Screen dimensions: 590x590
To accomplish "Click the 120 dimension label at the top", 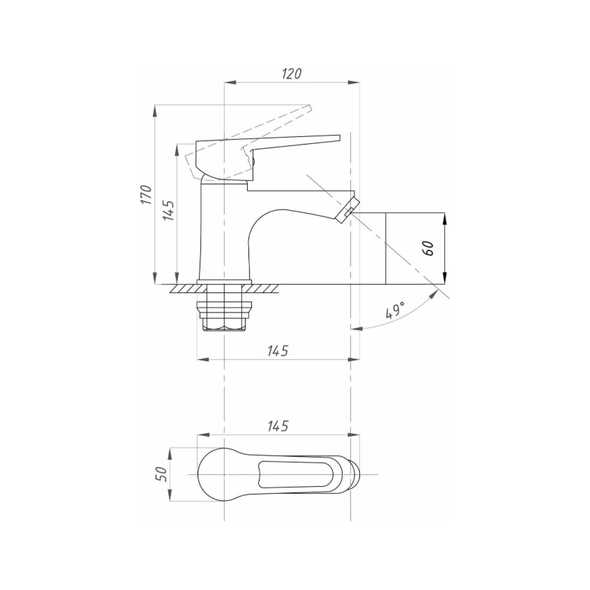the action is (x=291, y=73).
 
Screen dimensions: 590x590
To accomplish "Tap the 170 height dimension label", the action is (x=146, y=195).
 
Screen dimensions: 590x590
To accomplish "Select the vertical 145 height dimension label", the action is (x=168, y=211).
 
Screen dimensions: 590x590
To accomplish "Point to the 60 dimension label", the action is (x=428, y=248).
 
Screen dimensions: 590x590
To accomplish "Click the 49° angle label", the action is (x=395, y=310).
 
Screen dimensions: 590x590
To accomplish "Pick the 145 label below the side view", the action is (x=278, y=350).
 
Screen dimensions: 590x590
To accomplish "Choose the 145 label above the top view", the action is (x=278, y=427).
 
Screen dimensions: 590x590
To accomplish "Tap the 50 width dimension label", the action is (x=160, y=474).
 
